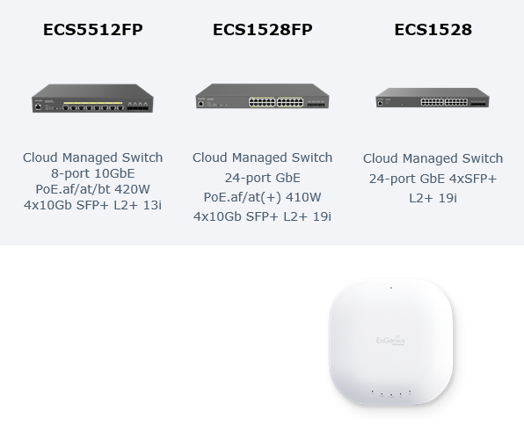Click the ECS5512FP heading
point(93,29)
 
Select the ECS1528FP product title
point(263,29)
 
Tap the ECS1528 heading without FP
point(433,29)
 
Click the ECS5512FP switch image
point(92,98)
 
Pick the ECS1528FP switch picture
point(262,96)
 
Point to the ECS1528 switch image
point(433,98)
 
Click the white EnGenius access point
point(391,341)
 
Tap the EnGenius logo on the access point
point(390,340)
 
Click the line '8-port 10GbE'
point(93,173)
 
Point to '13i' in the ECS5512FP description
point(152,205)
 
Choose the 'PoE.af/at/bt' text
point(73,189)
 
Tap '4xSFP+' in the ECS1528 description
point(473,179)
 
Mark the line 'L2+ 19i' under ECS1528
point(433,198)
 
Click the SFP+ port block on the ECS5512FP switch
point(137,107)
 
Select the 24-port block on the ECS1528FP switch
point(276,102)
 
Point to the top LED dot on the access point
point(391,288)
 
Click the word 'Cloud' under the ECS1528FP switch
point(210,157)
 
